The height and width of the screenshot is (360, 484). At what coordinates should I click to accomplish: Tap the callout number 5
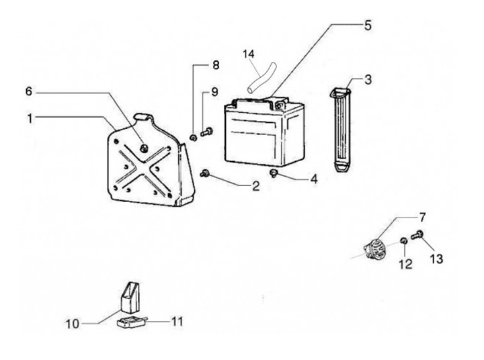[367, 26]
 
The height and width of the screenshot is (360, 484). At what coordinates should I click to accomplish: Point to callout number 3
[368, 80]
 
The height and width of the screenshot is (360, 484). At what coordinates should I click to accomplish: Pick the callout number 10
[72, 324]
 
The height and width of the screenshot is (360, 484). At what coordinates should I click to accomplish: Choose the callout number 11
[176, 321]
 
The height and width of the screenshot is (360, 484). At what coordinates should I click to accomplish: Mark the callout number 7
[421, 216]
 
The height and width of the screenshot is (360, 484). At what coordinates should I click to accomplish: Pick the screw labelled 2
[206, 173]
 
